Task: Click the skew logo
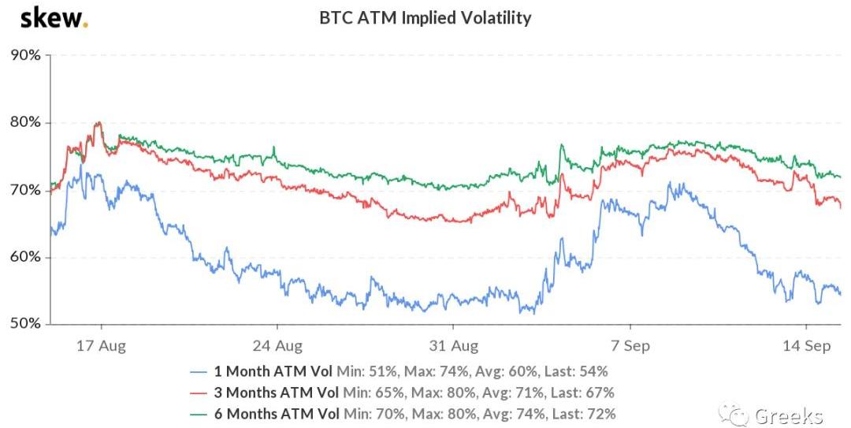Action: click(54, 18)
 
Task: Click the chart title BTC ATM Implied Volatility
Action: click(425, 17)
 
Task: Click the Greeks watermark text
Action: click(788, 415)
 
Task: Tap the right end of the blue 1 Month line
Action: click(840, 294)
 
